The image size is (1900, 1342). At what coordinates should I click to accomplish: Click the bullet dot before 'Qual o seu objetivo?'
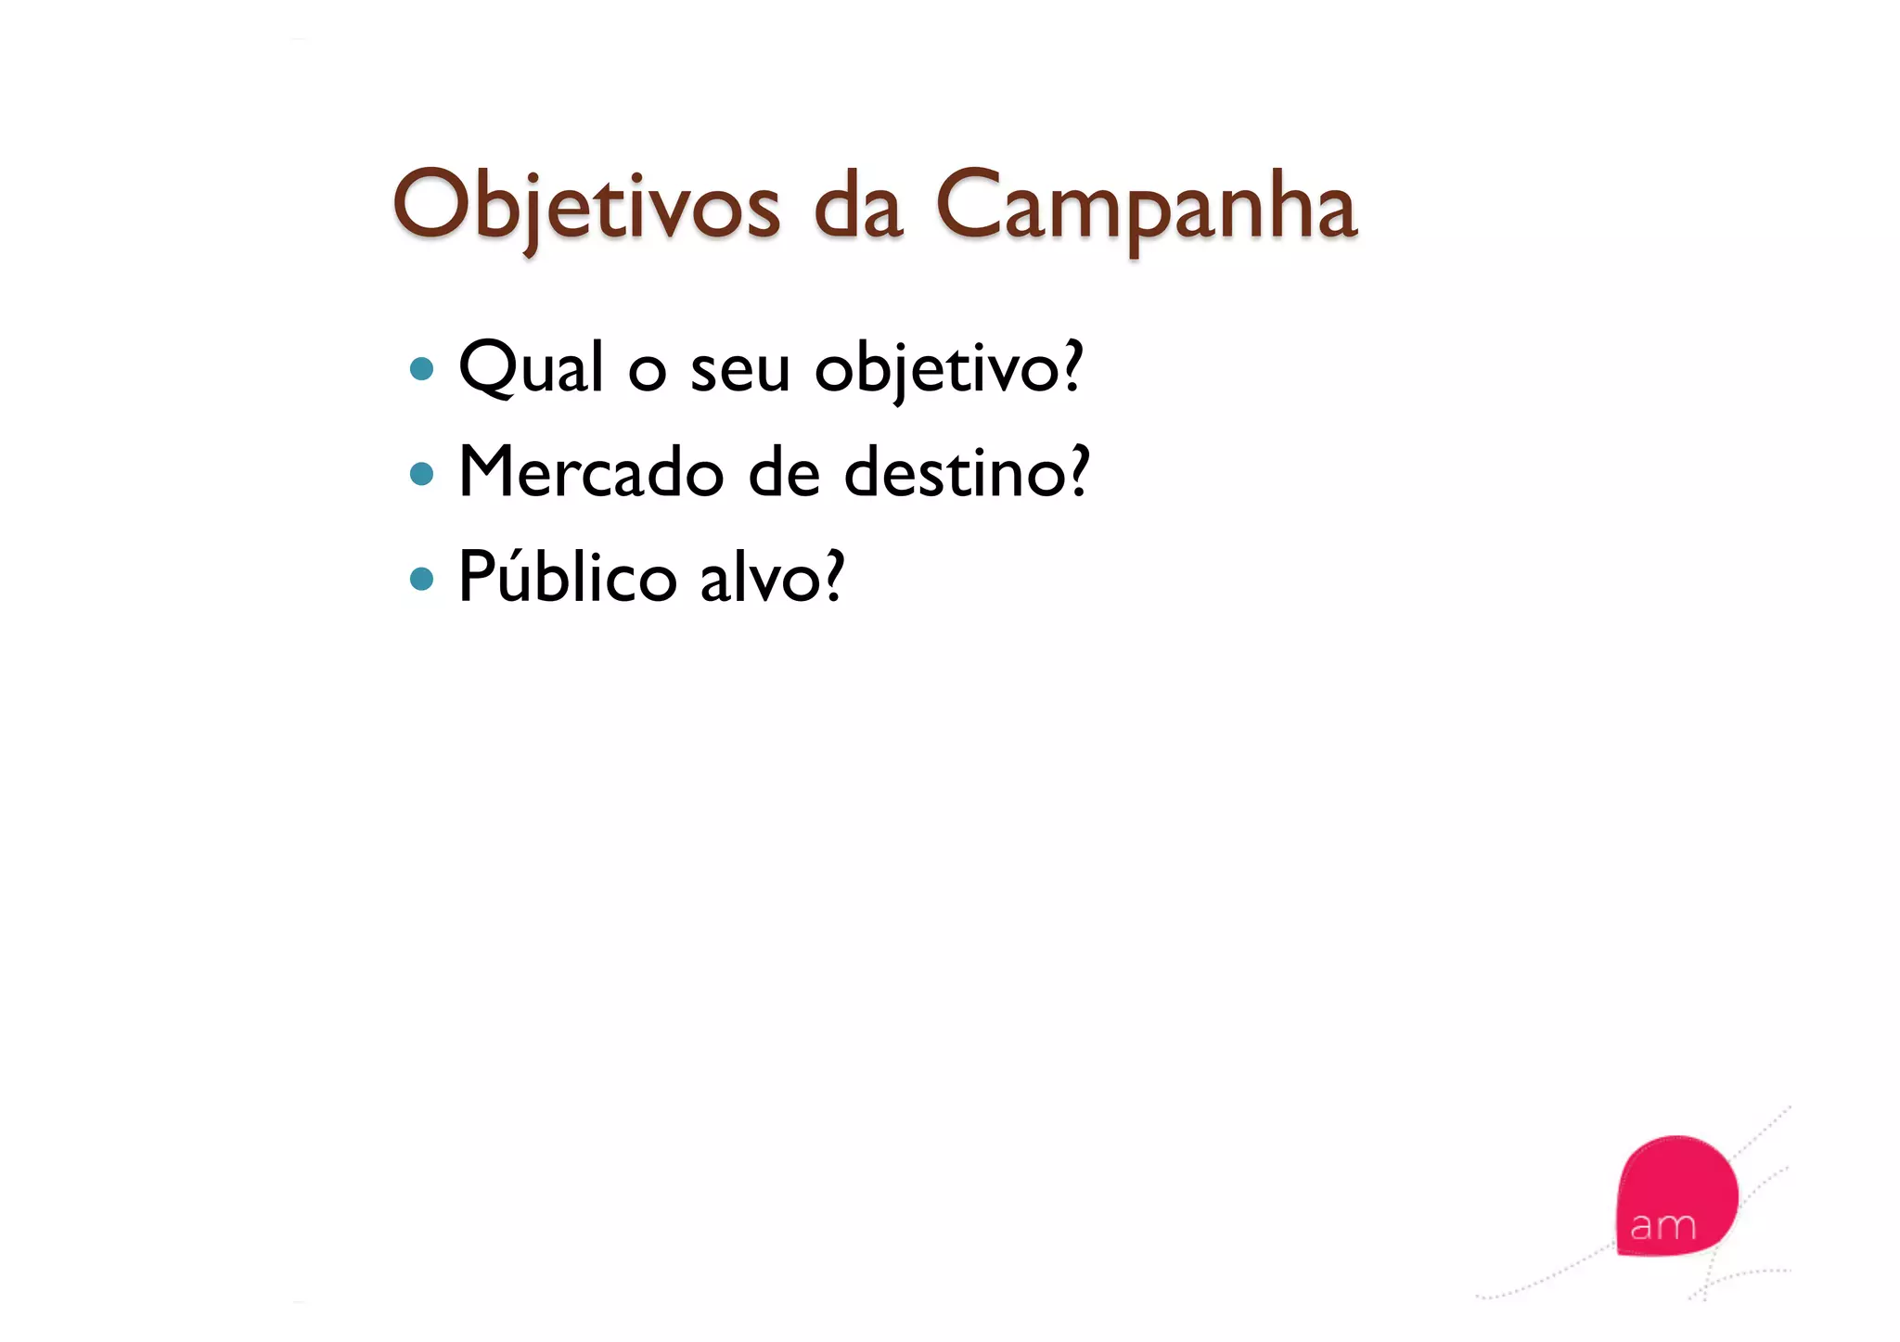pos(422,369)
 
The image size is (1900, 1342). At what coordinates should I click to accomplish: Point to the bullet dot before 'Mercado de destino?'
pos(422,474)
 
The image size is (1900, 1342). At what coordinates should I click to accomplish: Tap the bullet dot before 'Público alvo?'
pos(422,579)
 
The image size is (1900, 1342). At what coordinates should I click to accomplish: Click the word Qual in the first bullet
pos(532,367)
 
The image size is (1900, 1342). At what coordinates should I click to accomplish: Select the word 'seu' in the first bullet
pos(740,369)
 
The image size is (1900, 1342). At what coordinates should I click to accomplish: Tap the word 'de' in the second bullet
pos(784,472)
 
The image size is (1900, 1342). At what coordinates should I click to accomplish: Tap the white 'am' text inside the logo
pos(1662,1226)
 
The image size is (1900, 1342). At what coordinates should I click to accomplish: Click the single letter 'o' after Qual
pos(647,372)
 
